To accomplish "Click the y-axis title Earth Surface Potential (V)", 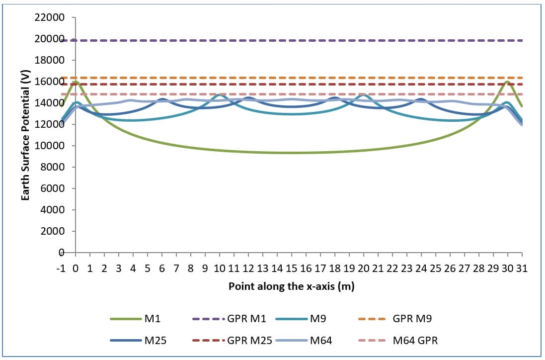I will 24,135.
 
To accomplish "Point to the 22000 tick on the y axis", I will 50,18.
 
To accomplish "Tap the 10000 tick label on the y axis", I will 50,146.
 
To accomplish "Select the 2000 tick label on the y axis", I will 52,232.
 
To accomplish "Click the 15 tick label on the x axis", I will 291,269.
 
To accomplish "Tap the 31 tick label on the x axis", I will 521,269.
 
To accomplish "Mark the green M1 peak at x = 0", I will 76,82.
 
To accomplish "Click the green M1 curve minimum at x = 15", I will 291,153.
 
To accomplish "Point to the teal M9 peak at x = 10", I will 220,94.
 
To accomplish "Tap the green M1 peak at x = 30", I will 507,82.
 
